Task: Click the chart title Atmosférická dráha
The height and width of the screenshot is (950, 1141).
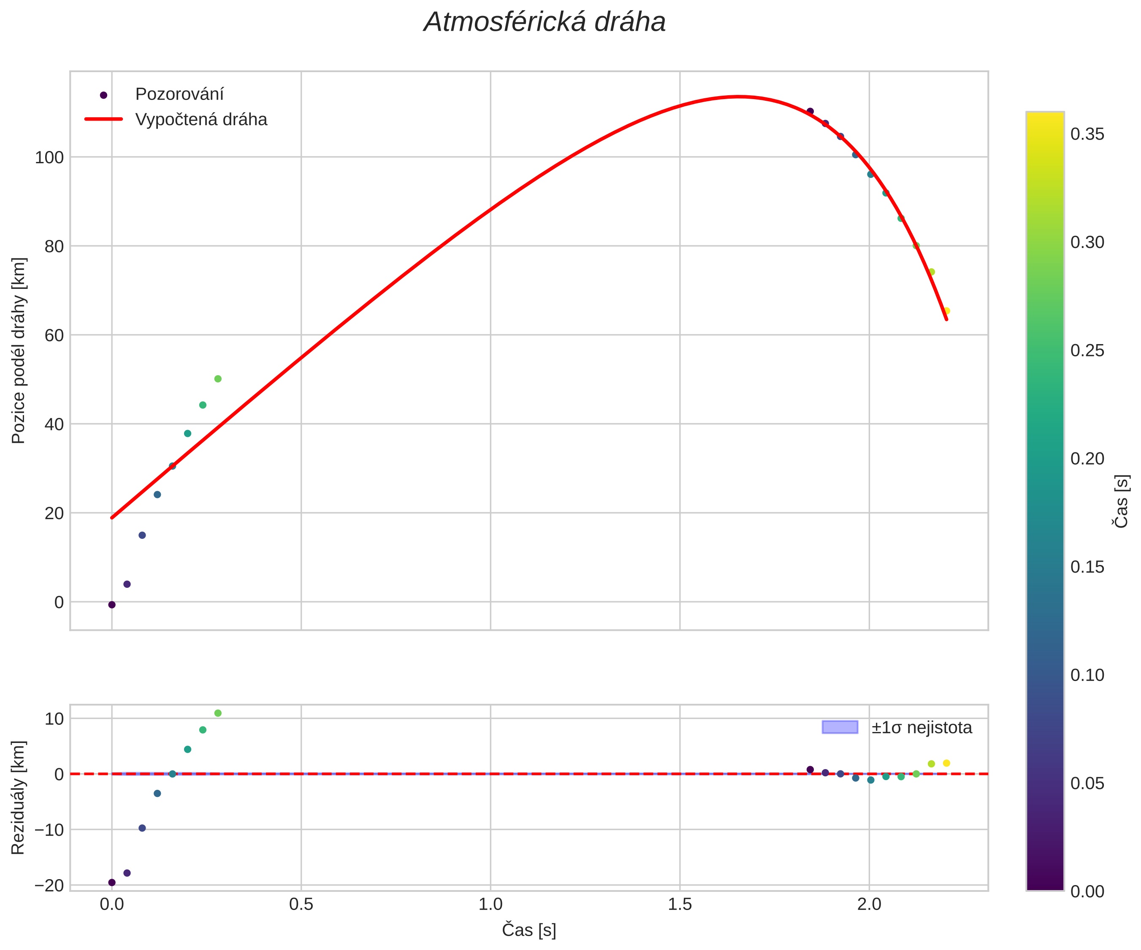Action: click(545, 23)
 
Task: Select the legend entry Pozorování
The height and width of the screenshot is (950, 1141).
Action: click(179, 94)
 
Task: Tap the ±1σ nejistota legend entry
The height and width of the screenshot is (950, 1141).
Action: click(921, 727)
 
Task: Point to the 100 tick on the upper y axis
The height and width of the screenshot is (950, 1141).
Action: click(49, 157)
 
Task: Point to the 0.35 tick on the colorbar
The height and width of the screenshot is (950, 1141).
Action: click(1087, 134)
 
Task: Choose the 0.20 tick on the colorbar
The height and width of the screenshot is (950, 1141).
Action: click(1087, 459)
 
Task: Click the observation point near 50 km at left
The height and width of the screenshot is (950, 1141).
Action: click(218, 379)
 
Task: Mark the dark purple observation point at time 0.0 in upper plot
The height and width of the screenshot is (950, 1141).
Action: click(112, 605)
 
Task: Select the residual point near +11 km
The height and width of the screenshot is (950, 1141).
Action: click(218, 713)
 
